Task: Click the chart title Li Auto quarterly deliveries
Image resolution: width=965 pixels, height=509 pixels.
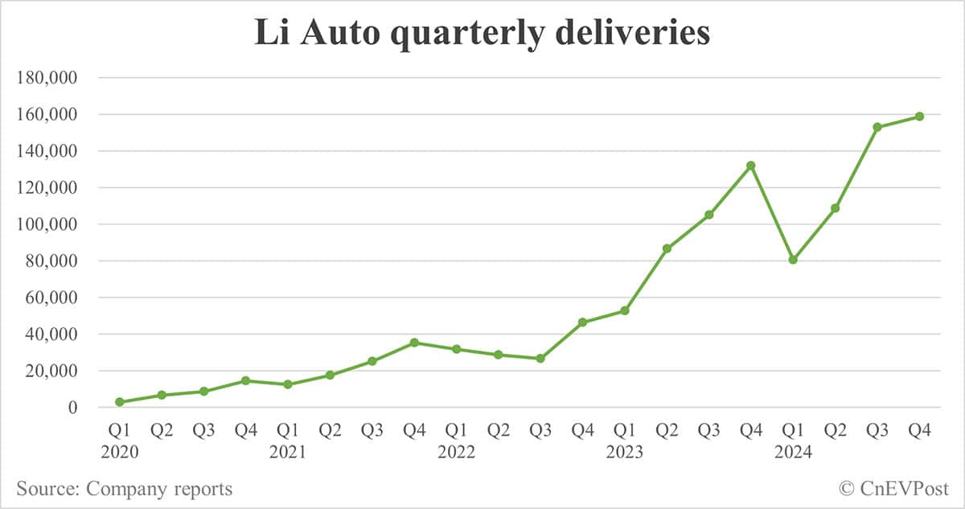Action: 482,34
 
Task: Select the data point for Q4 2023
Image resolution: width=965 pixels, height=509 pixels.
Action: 750,166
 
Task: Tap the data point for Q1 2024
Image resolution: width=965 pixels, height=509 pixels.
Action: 793,260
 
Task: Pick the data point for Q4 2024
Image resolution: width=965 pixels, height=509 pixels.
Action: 919,117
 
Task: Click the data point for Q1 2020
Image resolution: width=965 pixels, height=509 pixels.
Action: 120,402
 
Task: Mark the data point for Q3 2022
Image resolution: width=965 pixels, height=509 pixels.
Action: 540,359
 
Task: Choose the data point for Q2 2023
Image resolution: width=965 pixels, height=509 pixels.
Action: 667,248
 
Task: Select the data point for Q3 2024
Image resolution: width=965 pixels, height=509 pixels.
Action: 877,127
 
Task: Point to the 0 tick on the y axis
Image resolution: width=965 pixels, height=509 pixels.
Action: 72,408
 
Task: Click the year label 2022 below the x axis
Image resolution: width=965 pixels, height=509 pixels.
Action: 456,453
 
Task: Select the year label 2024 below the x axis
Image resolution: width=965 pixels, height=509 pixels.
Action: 793,453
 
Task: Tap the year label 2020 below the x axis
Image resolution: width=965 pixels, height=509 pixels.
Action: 120,453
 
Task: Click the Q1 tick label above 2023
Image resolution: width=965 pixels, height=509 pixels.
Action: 624,431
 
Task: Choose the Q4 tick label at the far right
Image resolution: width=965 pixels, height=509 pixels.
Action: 919,431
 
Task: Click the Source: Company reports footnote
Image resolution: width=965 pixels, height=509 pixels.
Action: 124,488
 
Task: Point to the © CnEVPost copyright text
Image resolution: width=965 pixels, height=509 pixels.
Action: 893,488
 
